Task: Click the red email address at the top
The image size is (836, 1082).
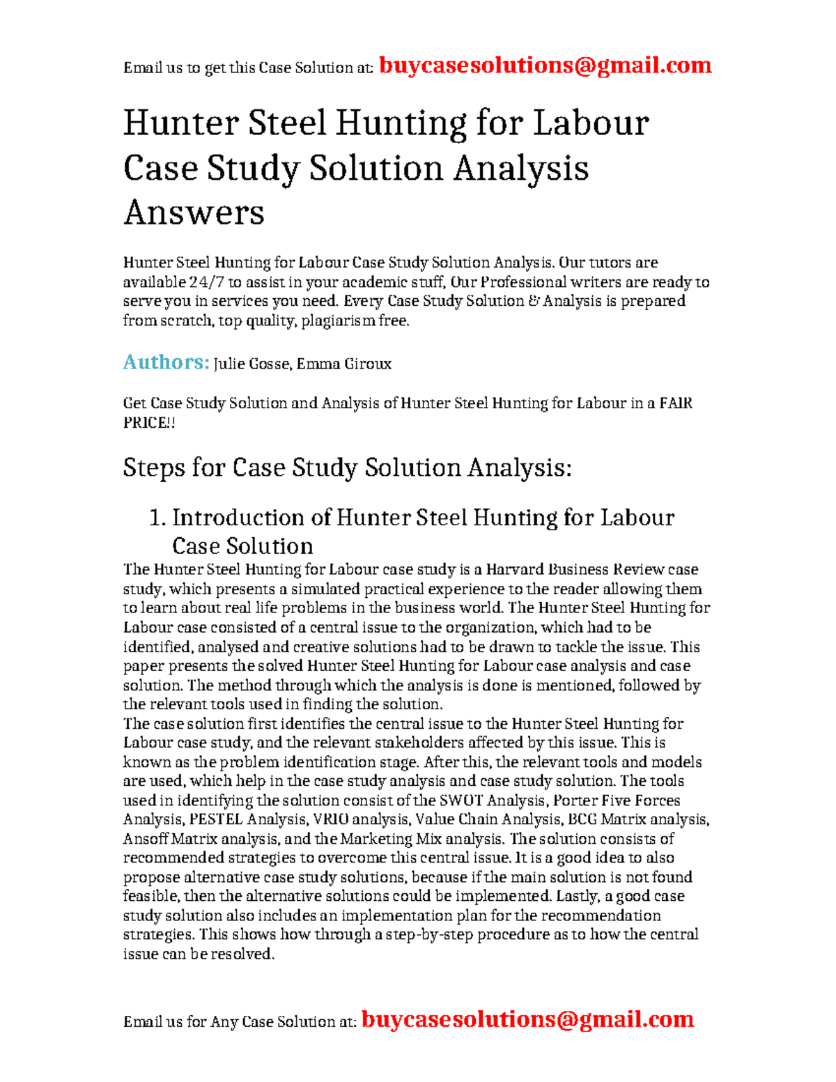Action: point(545,65)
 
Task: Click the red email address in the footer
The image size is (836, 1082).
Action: point(527,1019)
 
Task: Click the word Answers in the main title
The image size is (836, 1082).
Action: point(194,212)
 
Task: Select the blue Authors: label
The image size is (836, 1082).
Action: point(166,362)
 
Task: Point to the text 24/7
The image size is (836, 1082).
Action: point(206,282)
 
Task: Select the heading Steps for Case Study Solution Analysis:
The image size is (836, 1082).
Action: point(347,467)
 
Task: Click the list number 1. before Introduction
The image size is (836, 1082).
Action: point(157,518)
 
